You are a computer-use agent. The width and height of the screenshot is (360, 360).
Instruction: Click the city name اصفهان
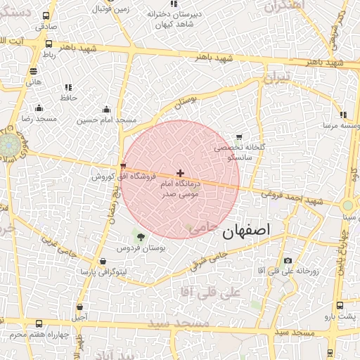tap(245, 231)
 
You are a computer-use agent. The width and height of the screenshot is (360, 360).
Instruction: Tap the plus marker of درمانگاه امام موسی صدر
tap(181, 173)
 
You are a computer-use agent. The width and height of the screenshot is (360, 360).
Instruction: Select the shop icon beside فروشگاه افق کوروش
tap(124, 167)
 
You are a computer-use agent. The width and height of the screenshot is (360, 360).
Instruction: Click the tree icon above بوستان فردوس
tap(141, 237)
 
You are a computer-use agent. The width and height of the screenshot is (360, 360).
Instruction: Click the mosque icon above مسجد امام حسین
tap(106, 110)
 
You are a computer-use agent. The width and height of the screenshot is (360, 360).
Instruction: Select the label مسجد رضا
tap(38, 120)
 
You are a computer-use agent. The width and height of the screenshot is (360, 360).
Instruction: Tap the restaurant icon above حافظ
tap(68, 87)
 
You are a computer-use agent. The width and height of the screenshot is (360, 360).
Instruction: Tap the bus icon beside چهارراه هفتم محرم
tap(38, 324)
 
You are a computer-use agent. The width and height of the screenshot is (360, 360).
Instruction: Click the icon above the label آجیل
tap(79, 307)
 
